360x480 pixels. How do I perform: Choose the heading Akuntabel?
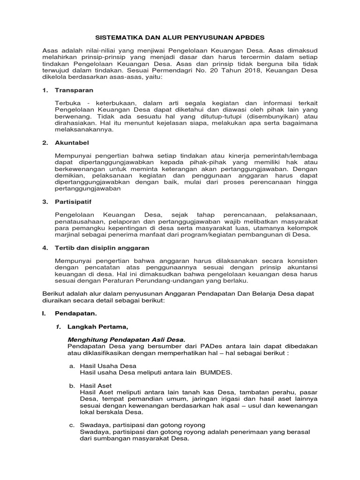pos(72,142)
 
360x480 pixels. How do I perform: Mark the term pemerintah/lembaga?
pos(285,155)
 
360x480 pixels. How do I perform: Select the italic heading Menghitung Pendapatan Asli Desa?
pos(127,339)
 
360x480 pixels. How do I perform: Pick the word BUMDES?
pos(216,373)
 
